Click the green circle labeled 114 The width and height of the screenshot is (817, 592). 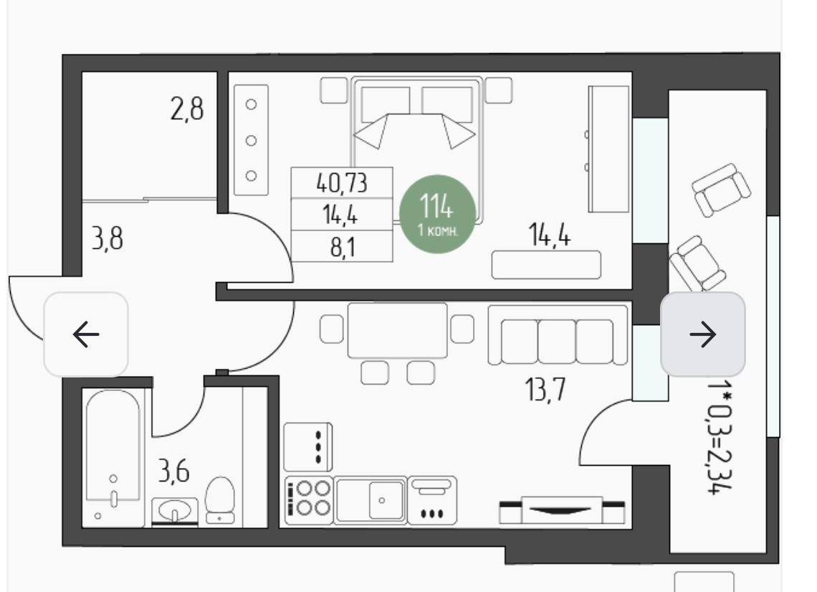click(x=437, y=214)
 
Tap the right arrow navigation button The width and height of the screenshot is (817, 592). click(x=703, y=334)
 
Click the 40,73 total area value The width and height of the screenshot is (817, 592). click(x=342, y=183)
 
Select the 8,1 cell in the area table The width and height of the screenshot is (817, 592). click(x=343, y=247)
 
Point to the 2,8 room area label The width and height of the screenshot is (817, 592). click(x=187, y=110)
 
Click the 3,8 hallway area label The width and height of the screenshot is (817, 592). click(x=107, y=238)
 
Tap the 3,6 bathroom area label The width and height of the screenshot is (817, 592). click(x=173, y=471)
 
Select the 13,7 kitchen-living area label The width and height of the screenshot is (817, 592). click(x=545, y=390)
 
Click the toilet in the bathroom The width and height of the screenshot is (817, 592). click(x=220, y=499)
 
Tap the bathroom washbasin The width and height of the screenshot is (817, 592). click(x=175, y=511)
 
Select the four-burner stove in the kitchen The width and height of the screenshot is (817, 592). click(x=309, y=499)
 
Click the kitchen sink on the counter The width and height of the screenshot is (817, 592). click(x=371, y=499)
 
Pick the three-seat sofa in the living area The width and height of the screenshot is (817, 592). click(x=558, y=335)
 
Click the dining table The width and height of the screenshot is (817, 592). click(x=398, y=330)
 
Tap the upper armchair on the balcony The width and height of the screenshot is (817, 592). click(x=721, y=189)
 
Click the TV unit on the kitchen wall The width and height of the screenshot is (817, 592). click(x=562, y=509)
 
